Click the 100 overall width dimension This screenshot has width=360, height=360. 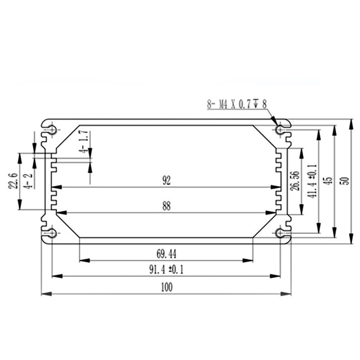click(x=166, y=287)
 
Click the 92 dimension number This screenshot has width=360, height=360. click(x=166, y=181)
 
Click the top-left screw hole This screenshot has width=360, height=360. click(x=53, y=130)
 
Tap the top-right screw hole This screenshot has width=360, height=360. click(x=280, y=130)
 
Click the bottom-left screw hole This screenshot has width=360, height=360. click(x=53, y=233)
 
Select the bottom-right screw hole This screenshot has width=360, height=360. click(x=280, y=233)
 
